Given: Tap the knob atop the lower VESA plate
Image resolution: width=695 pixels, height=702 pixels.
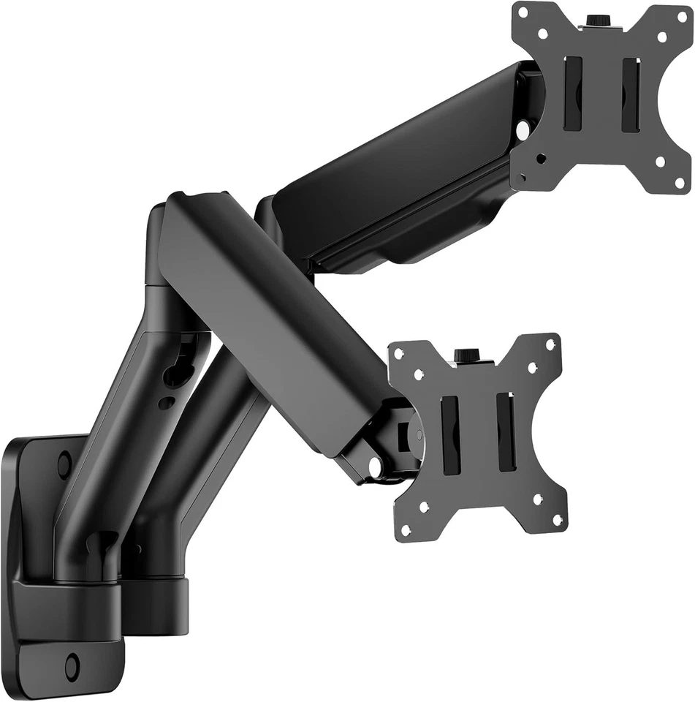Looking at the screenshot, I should coord(466,355).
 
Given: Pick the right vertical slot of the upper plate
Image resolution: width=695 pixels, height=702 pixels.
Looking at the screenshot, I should coord(630,95).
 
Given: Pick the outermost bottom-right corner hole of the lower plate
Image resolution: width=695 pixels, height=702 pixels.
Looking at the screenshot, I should coord(558,520).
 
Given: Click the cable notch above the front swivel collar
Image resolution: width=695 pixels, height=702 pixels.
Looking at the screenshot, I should coord(98,545).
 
